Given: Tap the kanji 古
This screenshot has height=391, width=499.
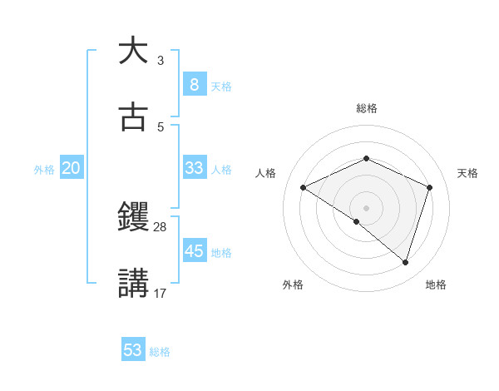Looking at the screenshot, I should (133, 117).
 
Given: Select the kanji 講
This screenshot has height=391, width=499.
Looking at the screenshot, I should (133, 283).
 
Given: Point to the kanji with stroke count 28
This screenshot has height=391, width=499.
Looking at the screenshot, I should (133, 217).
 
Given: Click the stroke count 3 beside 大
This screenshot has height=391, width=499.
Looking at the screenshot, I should (161, 60).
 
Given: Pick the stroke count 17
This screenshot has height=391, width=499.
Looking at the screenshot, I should (161, 293).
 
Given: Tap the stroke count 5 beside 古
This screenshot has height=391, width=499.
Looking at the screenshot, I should (161, 126).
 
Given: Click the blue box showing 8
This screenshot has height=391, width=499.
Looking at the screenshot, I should (194, 84).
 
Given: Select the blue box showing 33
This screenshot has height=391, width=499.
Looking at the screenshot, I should (194, 168).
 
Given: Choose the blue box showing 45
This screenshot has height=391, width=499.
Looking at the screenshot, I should (194, 250).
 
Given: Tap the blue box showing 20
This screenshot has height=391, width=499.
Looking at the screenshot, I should (71, 168).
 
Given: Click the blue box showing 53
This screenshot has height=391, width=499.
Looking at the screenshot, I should (133, 350).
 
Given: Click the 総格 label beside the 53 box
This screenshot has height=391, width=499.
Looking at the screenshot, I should (160, 352).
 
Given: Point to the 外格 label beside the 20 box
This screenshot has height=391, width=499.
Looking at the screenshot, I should (44, 170).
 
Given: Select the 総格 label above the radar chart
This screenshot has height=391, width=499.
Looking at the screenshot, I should (366, 108).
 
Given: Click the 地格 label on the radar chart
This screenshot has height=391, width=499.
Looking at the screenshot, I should (436, 285).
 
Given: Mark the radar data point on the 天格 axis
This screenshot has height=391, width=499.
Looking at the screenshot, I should (430, 187).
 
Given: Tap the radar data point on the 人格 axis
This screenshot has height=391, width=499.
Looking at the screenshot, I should (304, 187).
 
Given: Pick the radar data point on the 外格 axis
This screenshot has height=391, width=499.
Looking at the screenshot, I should (357, 221).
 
